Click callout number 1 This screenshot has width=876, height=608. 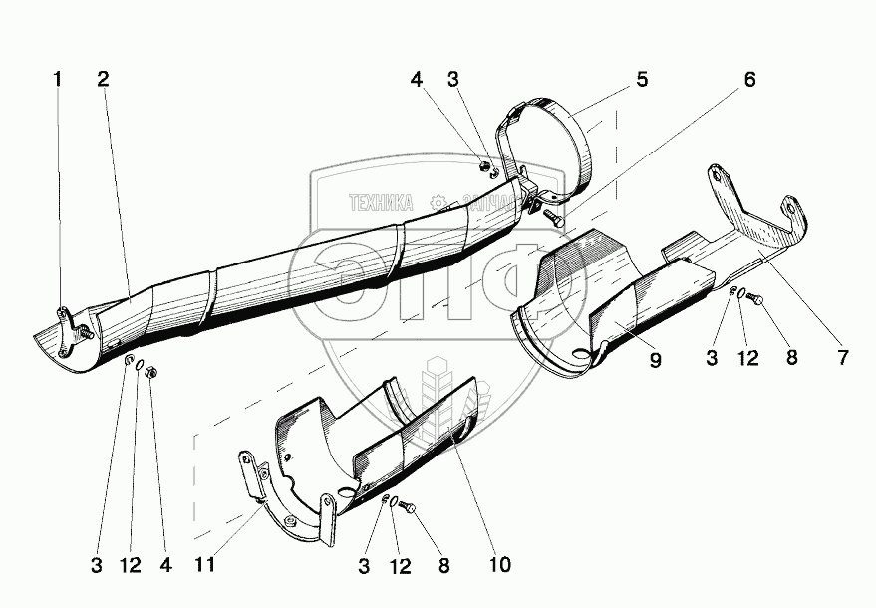(x=58, y=79)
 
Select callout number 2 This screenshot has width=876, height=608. (x=103, y=79)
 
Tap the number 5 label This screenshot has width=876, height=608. (x=643, y=79)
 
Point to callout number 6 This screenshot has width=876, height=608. (x=749, y=80)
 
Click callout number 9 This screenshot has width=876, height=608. (x=656, y=360)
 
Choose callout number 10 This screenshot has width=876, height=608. (x=499, y=565)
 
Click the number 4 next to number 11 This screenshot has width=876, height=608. (x=165, y=565)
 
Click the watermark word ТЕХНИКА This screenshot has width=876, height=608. (x=380, y=203)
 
